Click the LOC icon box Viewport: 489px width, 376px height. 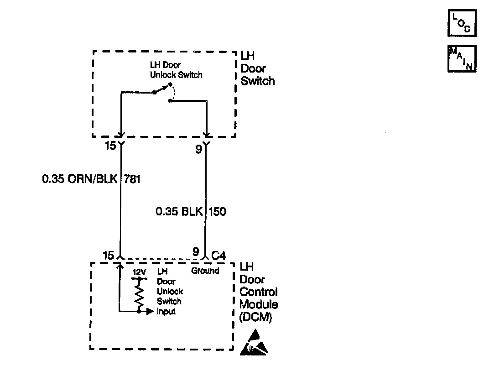click(462, 24)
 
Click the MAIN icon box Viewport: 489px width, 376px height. click(462, 58)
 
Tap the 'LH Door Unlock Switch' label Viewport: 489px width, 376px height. click(176, 70)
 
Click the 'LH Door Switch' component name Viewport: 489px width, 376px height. click(258, 69)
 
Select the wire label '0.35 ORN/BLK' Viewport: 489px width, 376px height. click(79, 179)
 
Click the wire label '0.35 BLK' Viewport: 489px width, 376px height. click(179, 211)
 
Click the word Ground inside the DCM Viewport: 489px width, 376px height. click(205, 271)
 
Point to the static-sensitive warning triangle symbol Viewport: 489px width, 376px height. click(254, 345)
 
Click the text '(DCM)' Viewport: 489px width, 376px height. click(255, 318)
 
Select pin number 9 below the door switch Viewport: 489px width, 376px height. click(198, 149)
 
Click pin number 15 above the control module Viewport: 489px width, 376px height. click(108, 255)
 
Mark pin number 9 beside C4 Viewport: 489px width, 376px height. click(196, 251)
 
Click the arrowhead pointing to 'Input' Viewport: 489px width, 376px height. click(149, 312)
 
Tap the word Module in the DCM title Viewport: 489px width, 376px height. click(259, 304)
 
